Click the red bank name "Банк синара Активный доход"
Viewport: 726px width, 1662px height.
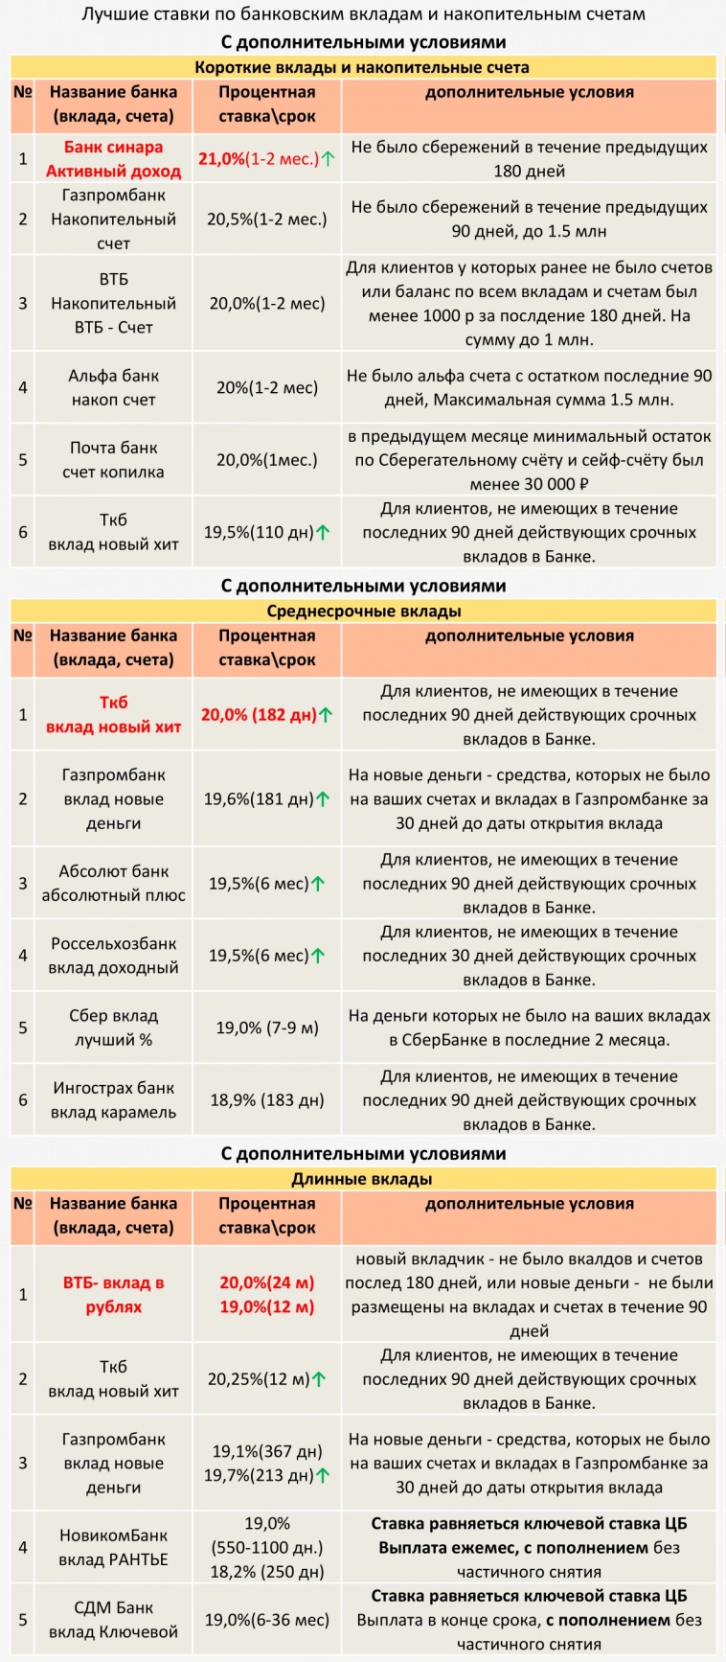tap(113, 159)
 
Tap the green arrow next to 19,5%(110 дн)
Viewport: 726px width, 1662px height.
tap(325, 533)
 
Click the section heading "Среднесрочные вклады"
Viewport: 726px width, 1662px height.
tap(363, 611)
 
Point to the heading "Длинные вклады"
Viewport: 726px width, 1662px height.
tap(362, 1179)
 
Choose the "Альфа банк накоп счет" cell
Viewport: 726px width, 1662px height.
tap(113, 388)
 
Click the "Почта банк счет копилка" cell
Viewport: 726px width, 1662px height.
tap(113, 460)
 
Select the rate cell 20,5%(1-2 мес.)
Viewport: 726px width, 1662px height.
tap(266, 219)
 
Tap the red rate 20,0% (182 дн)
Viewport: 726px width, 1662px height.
tap(259, 715)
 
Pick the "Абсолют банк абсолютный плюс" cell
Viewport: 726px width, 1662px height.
tap(113, 884)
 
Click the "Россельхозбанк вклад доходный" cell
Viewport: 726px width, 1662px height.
tap(113, 956)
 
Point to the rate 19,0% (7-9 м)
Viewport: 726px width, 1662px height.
tap(266, 1027)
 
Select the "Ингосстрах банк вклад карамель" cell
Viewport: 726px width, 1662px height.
tap(113, 1100)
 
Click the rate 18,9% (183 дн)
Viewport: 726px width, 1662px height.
tap(266, 1100)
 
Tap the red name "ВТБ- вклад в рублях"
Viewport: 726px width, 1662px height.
tap(113, 1295)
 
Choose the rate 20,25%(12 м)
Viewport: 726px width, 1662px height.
tap(259, 1379)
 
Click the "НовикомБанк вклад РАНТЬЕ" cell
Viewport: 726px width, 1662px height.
tap(113, 1548)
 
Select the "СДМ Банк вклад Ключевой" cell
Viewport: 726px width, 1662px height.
tap(113, 1620)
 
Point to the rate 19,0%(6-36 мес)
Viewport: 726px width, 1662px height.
tap(266, 1620)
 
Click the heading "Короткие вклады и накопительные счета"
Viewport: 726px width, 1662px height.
tap(362, 67)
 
